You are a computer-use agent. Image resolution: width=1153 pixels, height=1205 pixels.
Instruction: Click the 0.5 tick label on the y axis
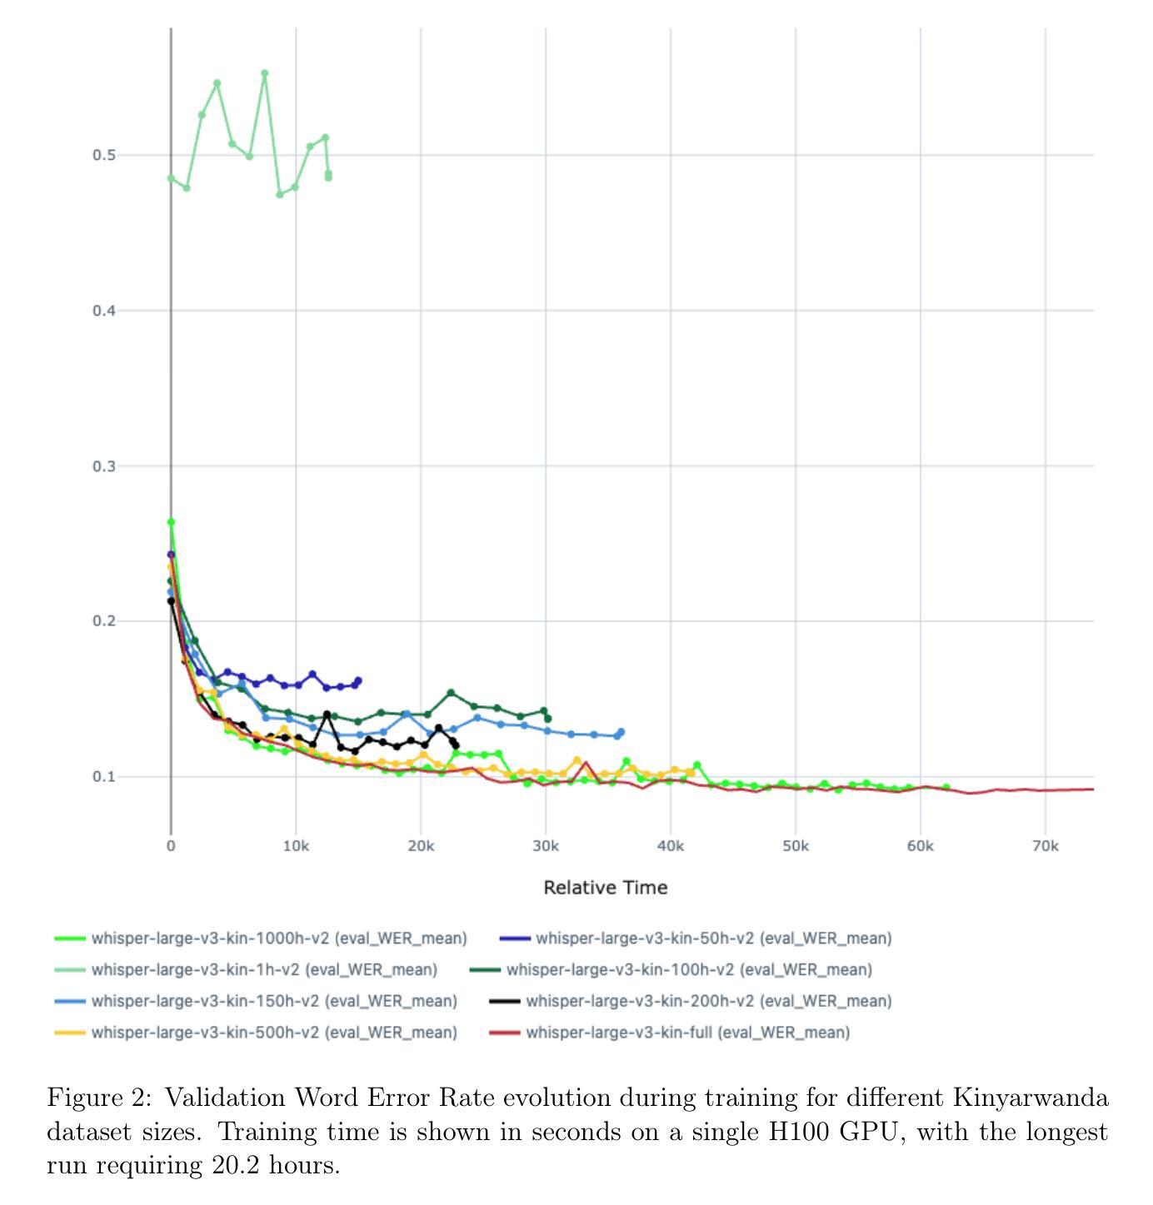click(x=103, y=156)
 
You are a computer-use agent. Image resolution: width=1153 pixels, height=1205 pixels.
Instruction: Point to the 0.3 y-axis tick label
click(x=103, y=466)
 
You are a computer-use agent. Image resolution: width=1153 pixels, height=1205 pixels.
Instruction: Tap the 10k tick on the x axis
click(x=296, y=847)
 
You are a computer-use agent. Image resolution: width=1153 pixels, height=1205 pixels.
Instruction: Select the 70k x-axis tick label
click(x=1045, y=847)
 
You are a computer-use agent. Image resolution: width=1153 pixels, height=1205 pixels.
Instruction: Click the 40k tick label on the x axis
click(x=670, y=847)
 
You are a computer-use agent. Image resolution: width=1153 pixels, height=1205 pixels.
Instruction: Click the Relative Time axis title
click(x=605, y=888)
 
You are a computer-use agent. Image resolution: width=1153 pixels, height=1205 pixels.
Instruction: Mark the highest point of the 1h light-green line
click(x=265, y=73)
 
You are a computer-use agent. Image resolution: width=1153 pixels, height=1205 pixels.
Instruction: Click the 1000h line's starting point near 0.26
click(x=171, y=522)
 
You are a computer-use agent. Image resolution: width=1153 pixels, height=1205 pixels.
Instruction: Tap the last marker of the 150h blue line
click(x=621, y=732)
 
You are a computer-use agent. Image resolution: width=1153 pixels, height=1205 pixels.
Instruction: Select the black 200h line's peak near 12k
click(x=327, y=715)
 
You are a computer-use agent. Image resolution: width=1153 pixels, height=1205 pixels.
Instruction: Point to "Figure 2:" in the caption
click(x=99, y=1098)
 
